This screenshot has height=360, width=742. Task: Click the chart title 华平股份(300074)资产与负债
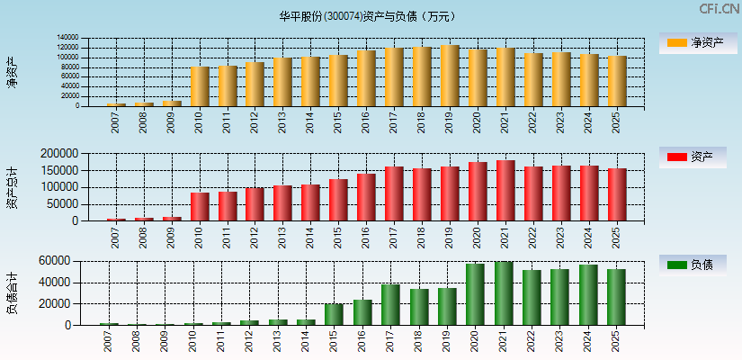tap(367, 16)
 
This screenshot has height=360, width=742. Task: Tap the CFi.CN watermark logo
tap(719, 9)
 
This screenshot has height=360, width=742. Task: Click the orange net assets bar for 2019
tap(450, 76)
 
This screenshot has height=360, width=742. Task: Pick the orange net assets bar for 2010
tap(200, 86)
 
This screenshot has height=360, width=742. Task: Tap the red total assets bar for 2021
tap(505, 191)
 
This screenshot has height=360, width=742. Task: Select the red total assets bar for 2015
tap(338, 200)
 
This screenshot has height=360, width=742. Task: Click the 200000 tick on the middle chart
tap(58, 154)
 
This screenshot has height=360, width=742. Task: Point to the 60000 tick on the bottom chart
tap(55, 261)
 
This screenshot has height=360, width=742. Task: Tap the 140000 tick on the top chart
tap(67, 38)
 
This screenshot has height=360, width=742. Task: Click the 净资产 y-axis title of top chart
tap(12, 72)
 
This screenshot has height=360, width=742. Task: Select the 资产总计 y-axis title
tap(12, 187)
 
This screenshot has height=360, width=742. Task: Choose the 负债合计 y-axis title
tap(12, 293)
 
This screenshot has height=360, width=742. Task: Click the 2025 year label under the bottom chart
tap(617, 340)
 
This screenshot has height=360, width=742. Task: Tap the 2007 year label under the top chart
tap(116, 123)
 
